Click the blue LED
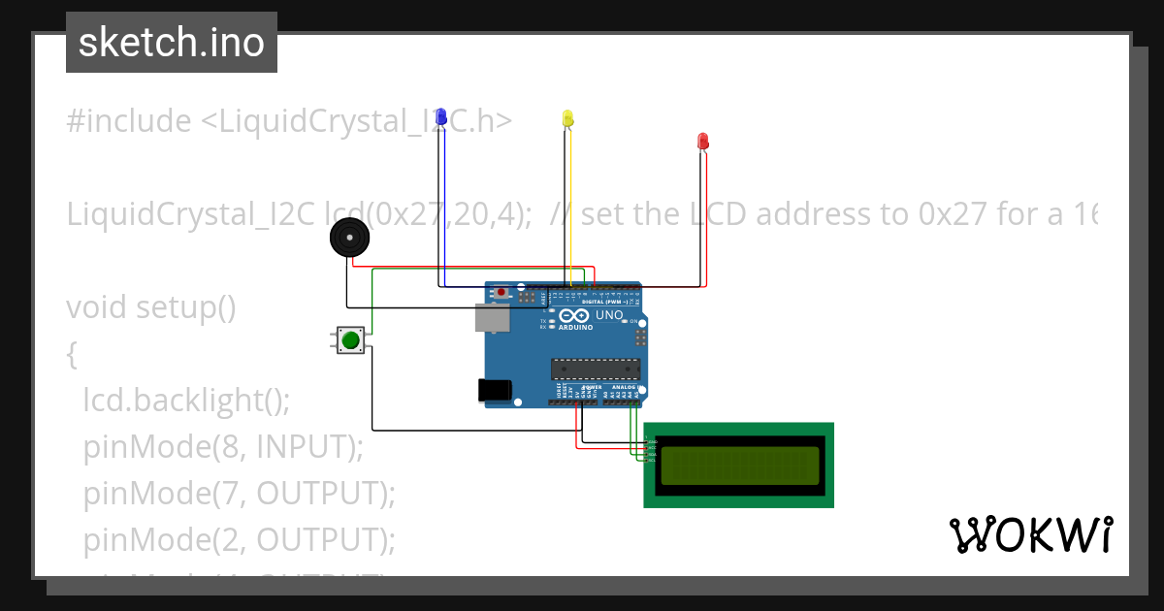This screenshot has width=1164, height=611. [441, 117]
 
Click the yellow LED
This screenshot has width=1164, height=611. [567, 118]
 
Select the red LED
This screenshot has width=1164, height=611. [703, 142]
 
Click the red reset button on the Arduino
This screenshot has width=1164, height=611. [501, 292]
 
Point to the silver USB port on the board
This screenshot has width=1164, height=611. [492, 317]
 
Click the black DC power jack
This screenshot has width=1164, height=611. [494, 390]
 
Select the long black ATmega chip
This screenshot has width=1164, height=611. [596, 368]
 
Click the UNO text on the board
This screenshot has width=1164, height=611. [609, 316]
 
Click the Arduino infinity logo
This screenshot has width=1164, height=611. [573, 316]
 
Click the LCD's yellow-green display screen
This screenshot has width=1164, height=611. [739, 466]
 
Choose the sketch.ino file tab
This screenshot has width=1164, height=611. [172, 43]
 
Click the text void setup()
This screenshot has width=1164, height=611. [151, 307]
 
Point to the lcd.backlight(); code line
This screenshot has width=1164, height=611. [186, 399]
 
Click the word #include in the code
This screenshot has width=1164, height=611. [129, 121]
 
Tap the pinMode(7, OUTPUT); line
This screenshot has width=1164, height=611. [240, 493]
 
